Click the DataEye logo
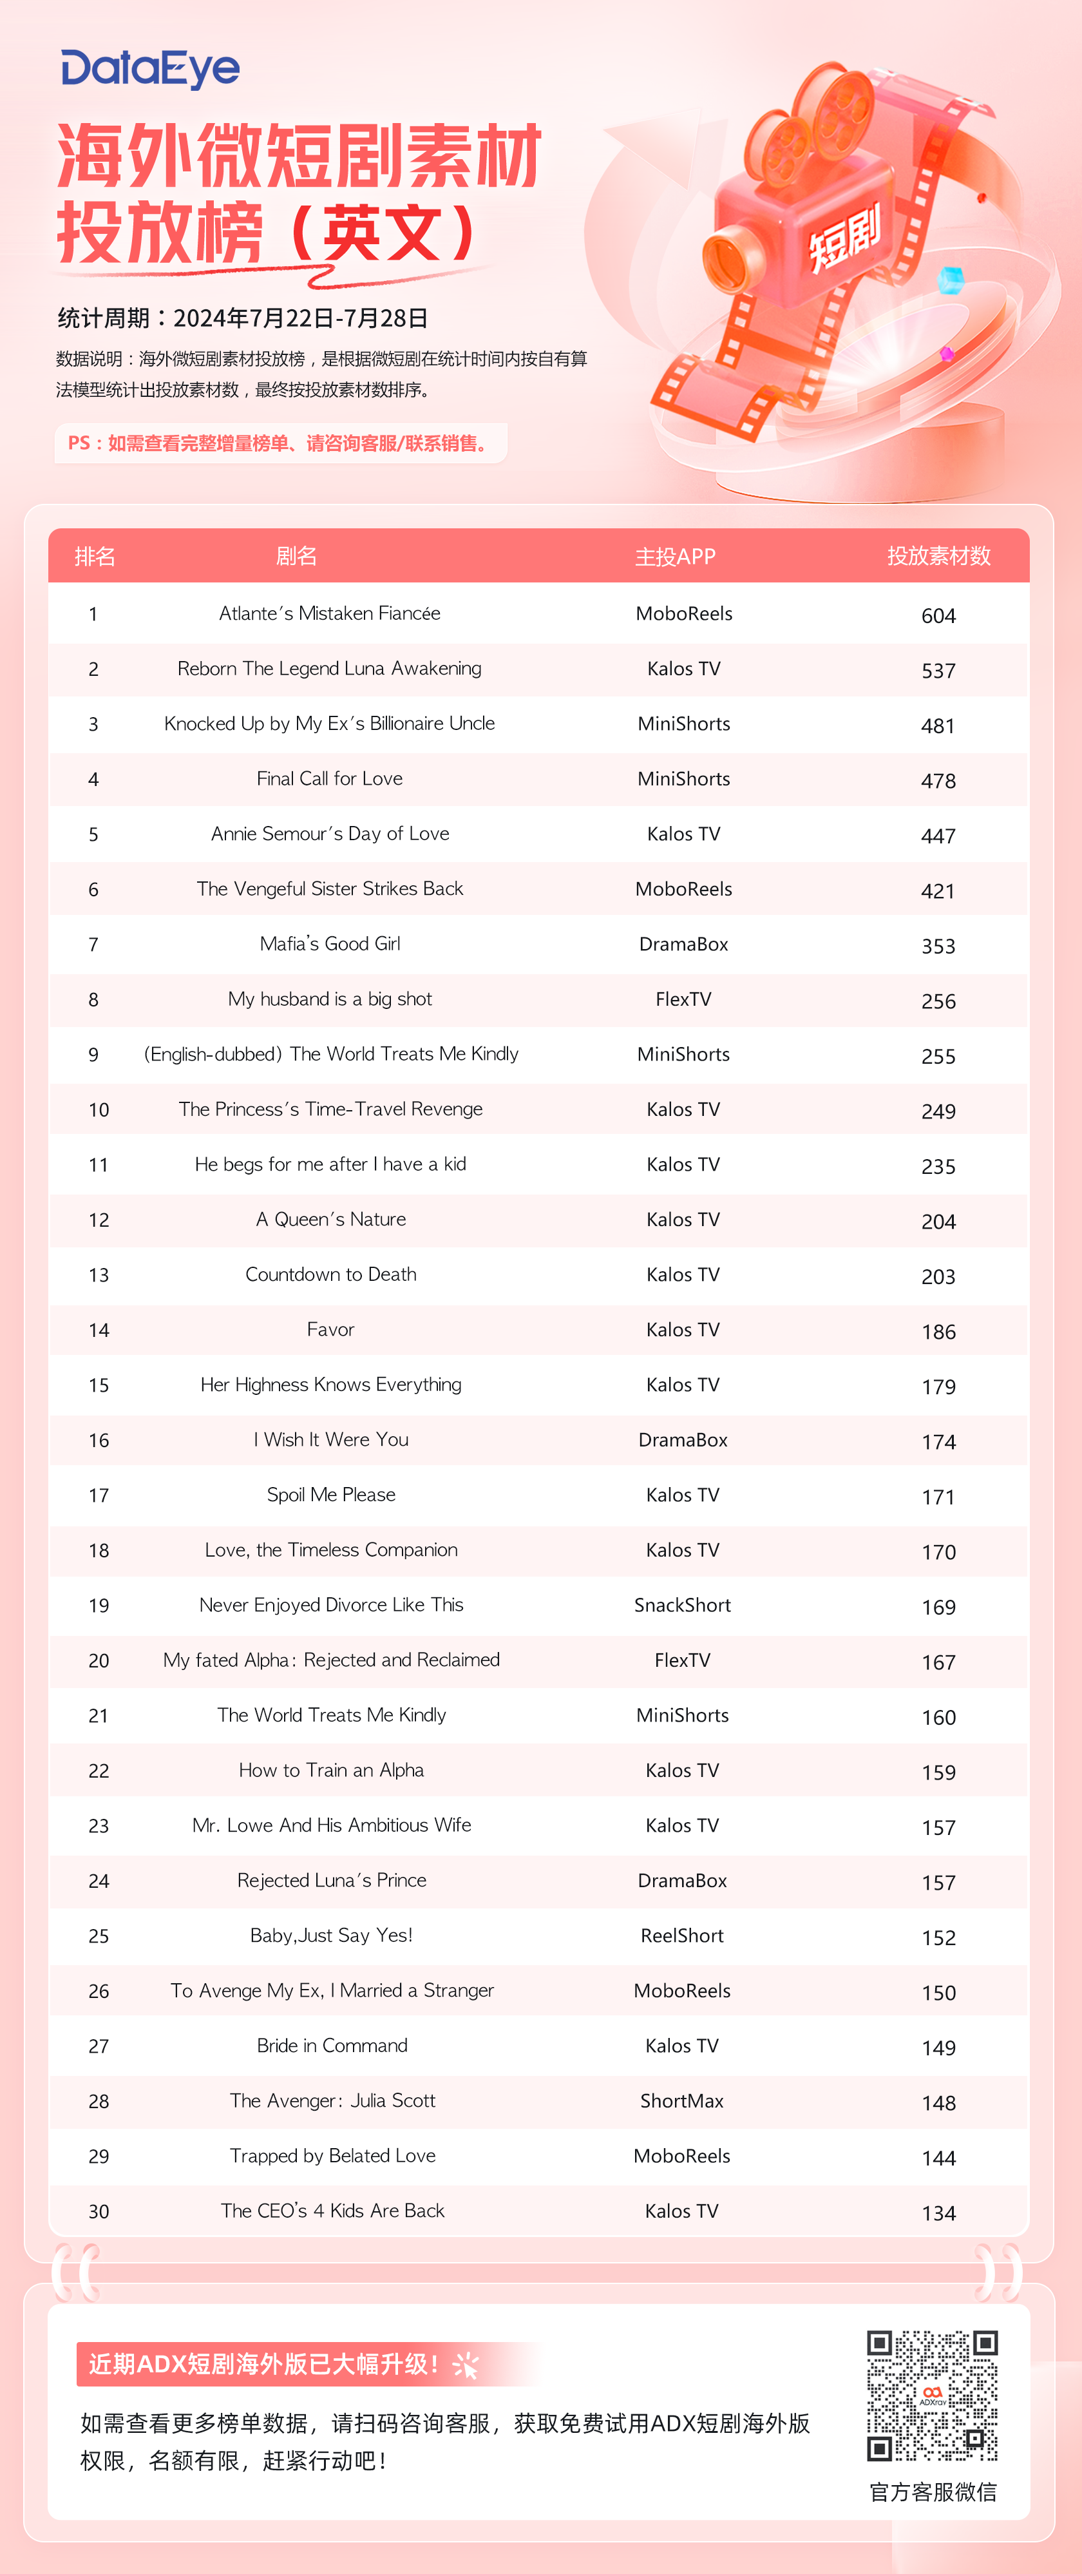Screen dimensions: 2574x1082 pos(150,69)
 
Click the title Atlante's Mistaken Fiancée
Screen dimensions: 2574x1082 pos(330,613)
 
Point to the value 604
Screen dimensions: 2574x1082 pos(938,615)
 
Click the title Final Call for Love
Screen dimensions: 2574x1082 pos(330,778)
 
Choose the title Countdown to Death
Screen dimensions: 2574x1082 pos(330,1274)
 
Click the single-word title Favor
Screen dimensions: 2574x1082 pos(330,1329)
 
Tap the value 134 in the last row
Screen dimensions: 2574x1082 pos(938,2213)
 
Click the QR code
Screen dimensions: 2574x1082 pos(932,2395)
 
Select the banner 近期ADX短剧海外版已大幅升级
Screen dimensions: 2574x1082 pos(265,2364)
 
